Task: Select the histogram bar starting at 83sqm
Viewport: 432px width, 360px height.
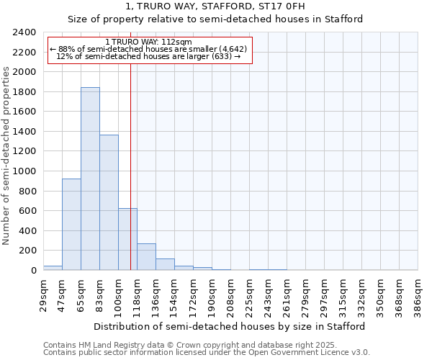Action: pos(109,202)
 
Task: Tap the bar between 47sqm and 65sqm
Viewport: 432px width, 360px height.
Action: pos(71,224)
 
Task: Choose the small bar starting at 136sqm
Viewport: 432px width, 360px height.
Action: pos(165,264)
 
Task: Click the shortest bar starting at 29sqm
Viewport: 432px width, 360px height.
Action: pos(53,268)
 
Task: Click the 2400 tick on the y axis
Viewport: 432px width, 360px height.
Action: pos(24,32)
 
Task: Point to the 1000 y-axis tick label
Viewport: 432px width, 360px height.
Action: pos(24,171)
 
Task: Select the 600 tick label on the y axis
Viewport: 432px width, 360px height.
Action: pos(27,211)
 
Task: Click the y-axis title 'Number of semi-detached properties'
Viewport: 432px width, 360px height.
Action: pos(7,156)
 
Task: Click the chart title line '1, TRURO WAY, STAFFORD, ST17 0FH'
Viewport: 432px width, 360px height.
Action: pos(215,6)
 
